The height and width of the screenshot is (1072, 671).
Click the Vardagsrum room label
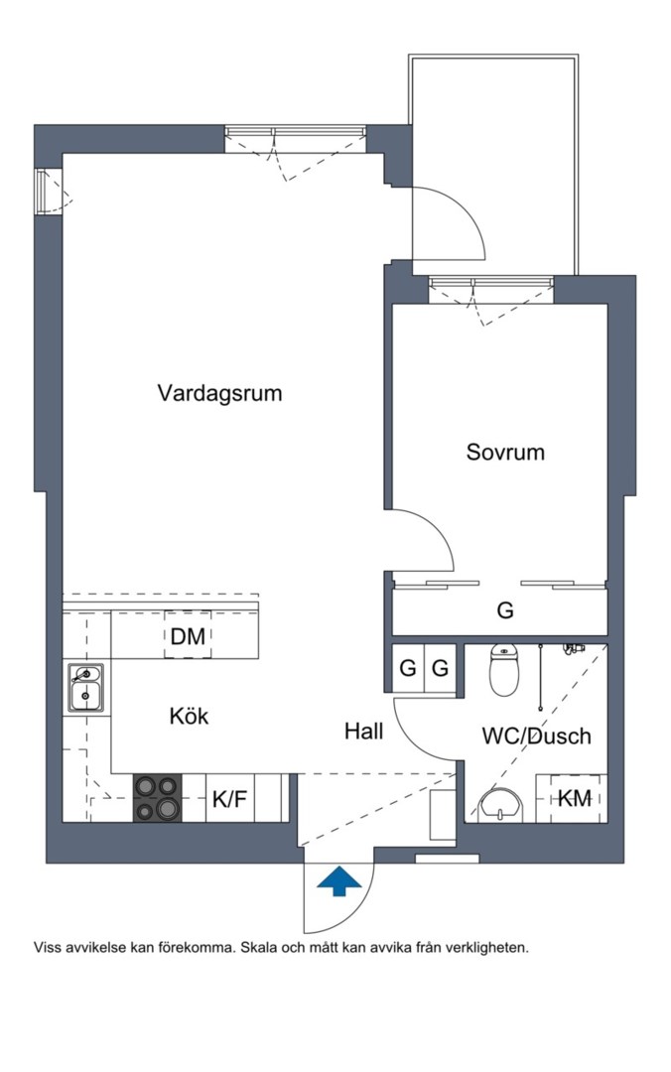219,393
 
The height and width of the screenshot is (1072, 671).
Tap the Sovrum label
505,453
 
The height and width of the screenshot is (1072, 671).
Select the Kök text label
189,716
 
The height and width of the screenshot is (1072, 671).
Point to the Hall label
363,732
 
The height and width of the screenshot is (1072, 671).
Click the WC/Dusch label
536,737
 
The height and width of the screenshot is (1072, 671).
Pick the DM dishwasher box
188,637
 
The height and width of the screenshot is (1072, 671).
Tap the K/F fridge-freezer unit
229,798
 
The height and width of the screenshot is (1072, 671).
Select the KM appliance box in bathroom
573,798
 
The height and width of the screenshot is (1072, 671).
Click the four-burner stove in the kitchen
158,798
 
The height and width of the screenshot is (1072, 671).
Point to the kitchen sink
86,688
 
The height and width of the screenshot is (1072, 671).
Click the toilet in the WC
505,672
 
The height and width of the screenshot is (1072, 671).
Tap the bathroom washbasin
501,805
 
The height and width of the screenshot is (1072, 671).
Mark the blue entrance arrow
338,880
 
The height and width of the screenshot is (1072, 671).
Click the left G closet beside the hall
407,668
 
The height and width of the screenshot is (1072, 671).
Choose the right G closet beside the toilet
439,668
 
